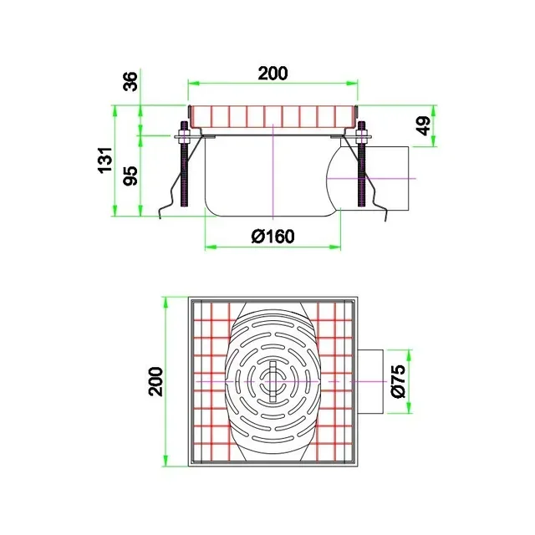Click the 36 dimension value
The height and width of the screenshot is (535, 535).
pos(130,82)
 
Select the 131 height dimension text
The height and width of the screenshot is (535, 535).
pos(104,159)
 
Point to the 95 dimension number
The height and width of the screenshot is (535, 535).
pos(130,176)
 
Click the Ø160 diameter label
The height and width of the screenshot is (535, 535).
pos(273,236)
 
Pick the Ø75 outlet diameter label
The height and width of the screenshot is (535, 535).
pos(398,381)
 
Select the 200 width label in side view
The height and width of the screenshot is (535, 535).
pos(273,73)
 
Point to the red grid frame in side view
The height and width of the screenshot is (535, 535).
pos(273,115)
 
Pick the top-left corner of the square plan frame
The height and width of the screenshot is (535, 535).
pos(189,298)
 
